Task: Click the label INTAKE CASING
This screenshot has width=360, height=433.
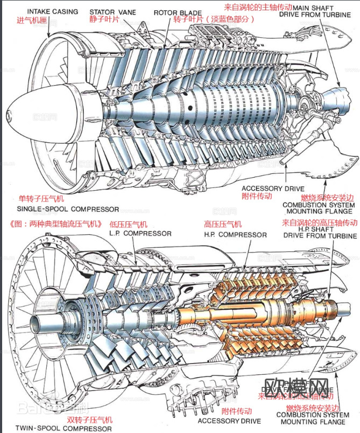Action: [x=52, y=11]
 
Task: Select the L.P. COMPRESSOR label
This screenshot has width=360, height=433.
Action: [x=140, y=233]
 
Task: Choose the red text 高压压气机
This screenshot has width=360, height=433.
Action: [x=223, y=224]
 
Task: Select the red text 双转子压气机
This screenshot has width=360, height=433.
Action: [x=90, y=420]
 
